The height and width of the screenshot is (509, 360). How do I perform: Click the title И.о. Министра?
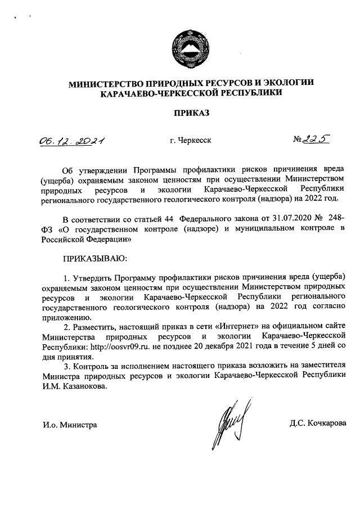(70, 424)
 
